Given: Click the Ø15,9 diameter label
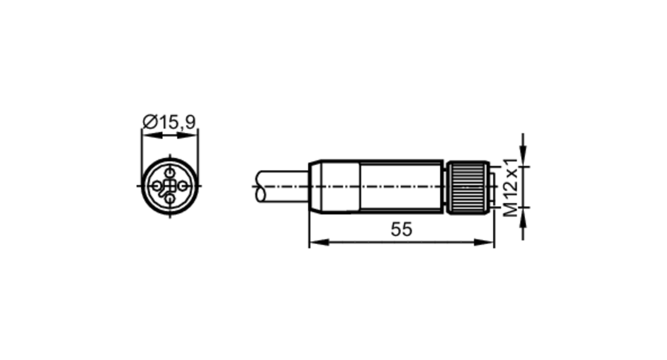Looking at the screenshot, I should [x=169, y=122].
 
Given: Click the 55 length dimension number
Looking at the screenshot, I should [x=401, y=229].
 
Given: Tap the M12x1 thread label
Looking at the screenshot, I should [x=510, y=188].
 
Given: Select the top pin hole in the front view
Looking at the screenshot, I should [x=170, y=173].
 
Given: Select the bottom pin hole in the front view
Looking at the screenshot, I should [x=170, y=199].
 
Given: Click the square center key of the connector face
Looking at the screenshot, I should [x=170, y=186].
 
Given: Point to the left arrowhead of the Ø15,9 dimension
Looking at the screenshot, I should [x=152, y=135].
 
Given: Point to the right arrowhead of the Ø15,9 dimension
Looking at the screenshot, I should [x=187, y=135].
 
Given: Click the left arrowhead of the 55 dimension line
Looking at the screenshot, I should [x=319, y=242].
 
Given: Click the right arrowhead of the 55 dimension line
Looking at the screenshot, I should [x=484, y=242].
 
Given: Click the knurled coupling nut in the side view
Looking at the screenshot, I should [x=468, y=187].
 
